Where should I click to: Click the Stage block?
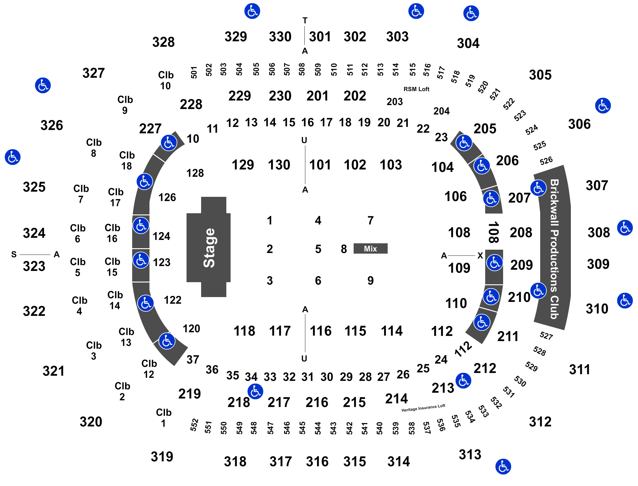(x=209, y=248)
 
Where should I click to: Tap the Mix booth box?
(x=370, y=249)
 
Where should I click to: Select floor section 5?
(x=318, y=249)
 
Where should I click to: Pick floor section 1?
(x=270, y=220)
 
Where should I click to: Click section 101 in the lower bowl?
(x=320, y=165)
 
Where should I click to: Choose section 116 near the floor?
(x=321, y=331)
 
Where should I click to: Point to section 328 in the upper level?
(x=163, y=42)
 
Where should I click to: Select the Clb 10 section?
(x=166, y=80)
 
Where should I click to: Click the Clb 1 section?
(x=163, y=418)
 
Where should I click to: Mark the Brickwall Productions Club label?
(x=554, y=249)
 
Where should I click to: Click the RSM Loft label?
(x=417, y=89)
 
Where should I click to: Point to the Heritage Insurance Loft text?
(x=423, y=408)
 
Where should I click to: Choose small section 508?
(x=302, y=69)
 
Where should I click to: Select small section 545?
(x=302, y=428)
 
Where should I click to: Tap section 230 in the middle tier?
(x=280, y=96)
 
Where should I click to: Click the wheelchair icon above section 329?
(x=252, y=11)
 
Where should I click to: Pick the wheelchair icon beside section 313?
(x=503, y=466)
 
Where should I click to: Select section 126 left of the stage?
(x=167, y=197)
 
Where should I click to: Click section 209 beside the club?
(x=521, y=265)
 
